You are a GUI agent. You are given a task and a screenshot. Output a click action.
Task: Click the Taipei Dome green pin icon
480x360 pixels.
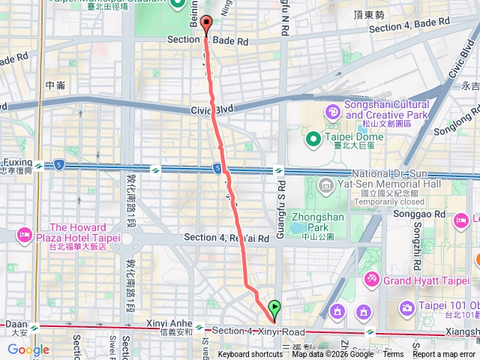313,138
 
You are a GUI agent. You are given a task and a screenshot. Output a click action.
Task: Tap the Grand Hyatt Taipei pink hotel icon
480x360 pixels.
371,280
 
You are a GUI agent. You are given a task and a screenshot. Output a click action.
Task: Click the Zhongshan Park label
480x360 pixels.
311,218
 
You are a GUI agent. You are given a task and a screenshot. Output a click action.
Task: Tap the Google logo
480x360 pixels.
28,349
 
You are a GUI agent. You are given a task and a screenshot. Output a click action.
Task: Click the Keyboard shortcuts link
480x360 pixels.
250,355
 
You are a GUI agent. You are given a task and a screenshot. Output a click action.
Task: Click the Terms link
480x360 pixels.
393,355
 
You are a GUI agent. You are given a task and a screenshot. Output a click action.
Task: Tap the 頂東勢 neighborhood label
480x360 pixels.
370,14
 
